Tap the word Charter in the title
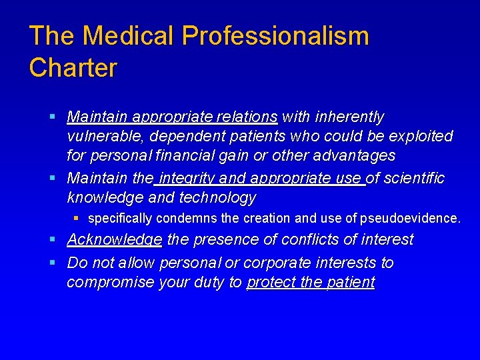click(73, 68)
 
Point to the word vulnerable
click(107, 137)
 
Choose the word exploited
click(419, 137)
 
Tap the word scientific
click(414, 179)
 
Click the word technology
click(217, 198)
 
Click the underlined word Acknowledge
click(114, 239)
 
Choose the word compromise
click(111, 283)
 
